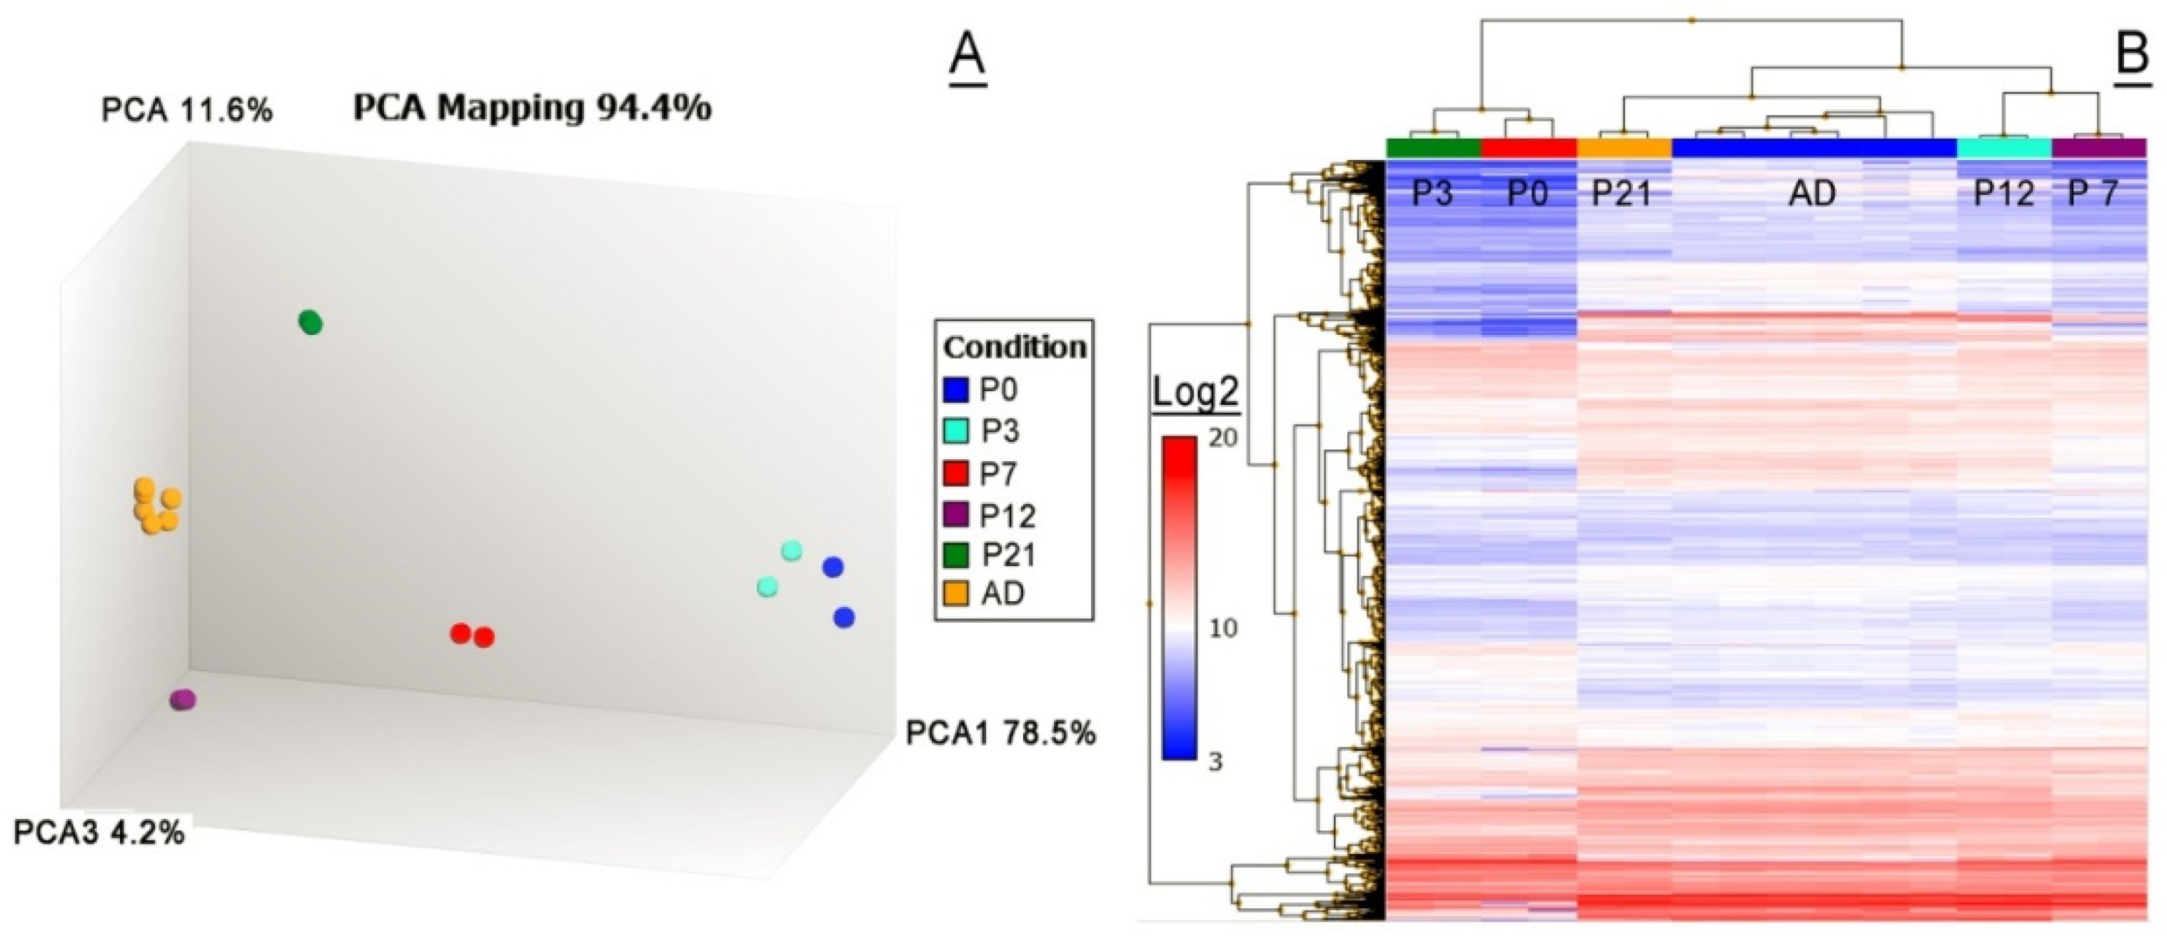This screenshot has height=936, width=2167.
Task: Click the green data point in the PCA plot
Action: pyautogui.click(x=311, y=322)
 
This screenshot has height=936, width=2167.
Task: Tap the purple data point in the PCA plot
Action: pyautogui.click(x=183, y=700)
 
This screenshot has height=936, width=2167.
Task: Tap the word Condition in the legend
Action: pyautogui.click(x=1014, y=347)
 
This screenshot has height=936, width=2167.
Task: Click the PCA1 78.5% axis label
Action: pyautogui.click(x=1000, y=733)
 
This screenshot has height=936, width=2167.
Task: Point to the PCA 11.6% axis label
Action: pyautogui.click(x=187, y=110)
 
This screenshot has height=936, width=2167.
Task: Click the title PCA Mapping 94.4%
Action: pyautogui.click(x=532, y=108)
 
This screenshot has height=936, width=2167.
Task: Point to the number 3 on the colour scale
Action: pyautogui.click(x=1215, y=761)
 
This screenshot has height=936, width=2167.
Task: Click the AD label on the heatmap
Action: pyautogui.click(x=1813, y=194)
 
